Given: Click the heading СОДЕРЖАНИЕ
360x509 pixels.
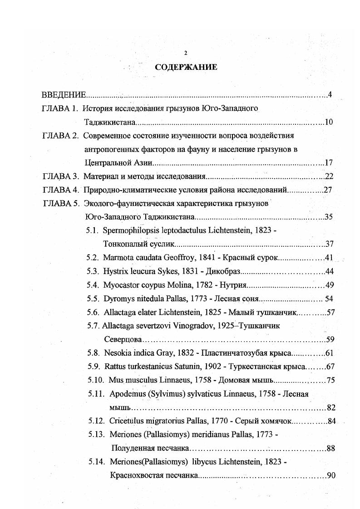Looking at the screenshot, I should pyautogui.click(x=186, y=68).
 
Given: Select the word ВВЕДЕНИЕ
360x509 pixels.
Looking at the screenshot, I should pyautogui.click(x=64, y=95).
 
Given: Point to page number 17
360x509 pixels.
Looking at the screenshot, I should pyautogui.click(x=330, y=163).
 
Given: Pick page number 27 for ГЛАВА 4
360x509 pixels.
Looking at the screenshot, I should pyautogui.click(x=328, y=190).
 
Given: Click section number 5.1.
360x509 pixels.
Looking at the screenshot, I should pyautogui.click(x=93, y=230).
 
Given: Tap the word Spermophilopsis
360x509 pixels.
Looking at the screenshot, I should pyautogui.click(x=131, y=230).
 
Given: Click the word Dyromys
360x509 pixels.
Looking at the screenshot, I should pyautogui.click(x=117, y=299).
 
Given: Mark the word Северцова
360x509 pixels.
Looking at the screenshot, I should pyautogui.click(x=123, y=339).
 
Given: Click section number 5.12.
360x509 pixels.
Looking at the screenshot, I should pyautogui.click(x=97, y=421).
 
